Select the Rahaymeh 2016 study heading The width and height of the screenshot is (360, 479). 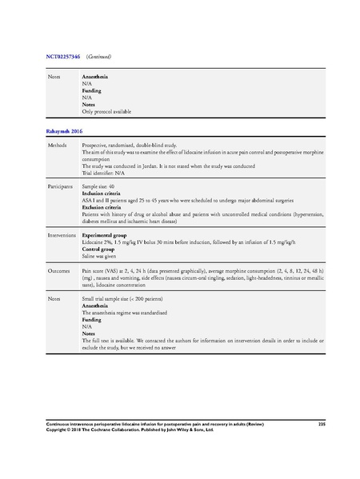[65, 130]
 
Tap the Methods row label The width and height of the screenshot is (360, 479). [58, 146]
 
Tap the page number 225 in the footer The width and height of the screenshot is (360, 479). [322, 422]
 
